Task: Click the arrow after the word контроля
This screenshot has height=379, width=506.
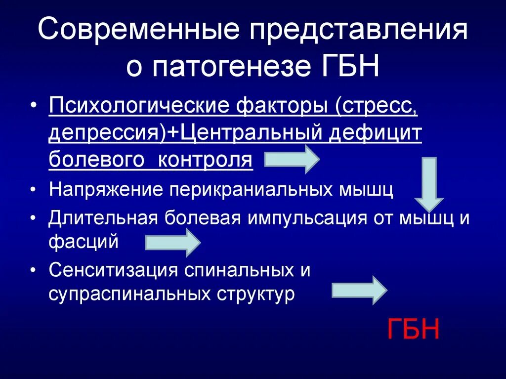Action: pos(292,159)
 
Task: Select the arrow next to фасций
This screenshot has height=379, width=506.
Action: pos(172,243)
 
